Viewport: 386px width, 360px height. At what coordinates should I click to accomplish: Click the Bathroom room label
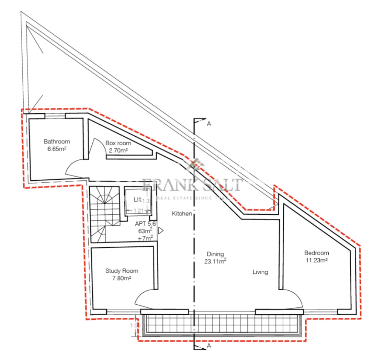point(57,142)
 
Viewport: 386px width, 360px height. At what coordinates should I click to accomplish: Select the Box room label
point(118,143)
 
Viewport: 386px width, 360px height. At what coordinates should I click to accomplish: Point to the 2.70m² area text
point(118,150)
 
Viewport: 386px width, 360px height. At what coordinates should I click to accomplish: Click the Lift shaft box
point(137,201)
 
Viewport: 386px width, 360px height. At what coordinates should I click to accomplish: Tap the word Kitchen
point(182,214)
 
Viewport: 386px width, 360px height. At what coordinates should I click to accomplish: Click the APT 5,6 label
point(146,223)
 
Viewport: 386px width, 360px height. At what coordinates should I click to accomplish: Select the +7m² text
point(146,238)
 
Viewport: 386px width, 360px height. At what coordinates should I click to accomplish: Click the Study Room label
point(122,271)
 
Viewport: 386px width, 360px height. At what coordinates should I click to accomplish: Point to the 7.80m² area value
point(122,278)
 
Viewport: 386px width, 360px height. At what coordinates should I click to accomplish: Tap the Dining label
point(215,254)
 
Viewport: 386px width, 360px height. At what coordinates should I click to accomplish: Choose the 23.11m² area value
point(215,261)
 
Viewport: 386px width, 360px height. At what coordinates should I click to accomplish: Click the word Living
point(260,272)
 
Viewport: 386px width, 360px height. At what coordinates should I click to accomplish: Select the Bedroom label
point(317,253)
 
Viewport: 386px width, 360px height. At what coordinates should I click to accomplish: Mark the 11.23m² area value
point(317,260)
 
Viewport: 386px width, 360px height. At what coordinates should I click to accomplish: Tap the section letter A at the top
point(208,123)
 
